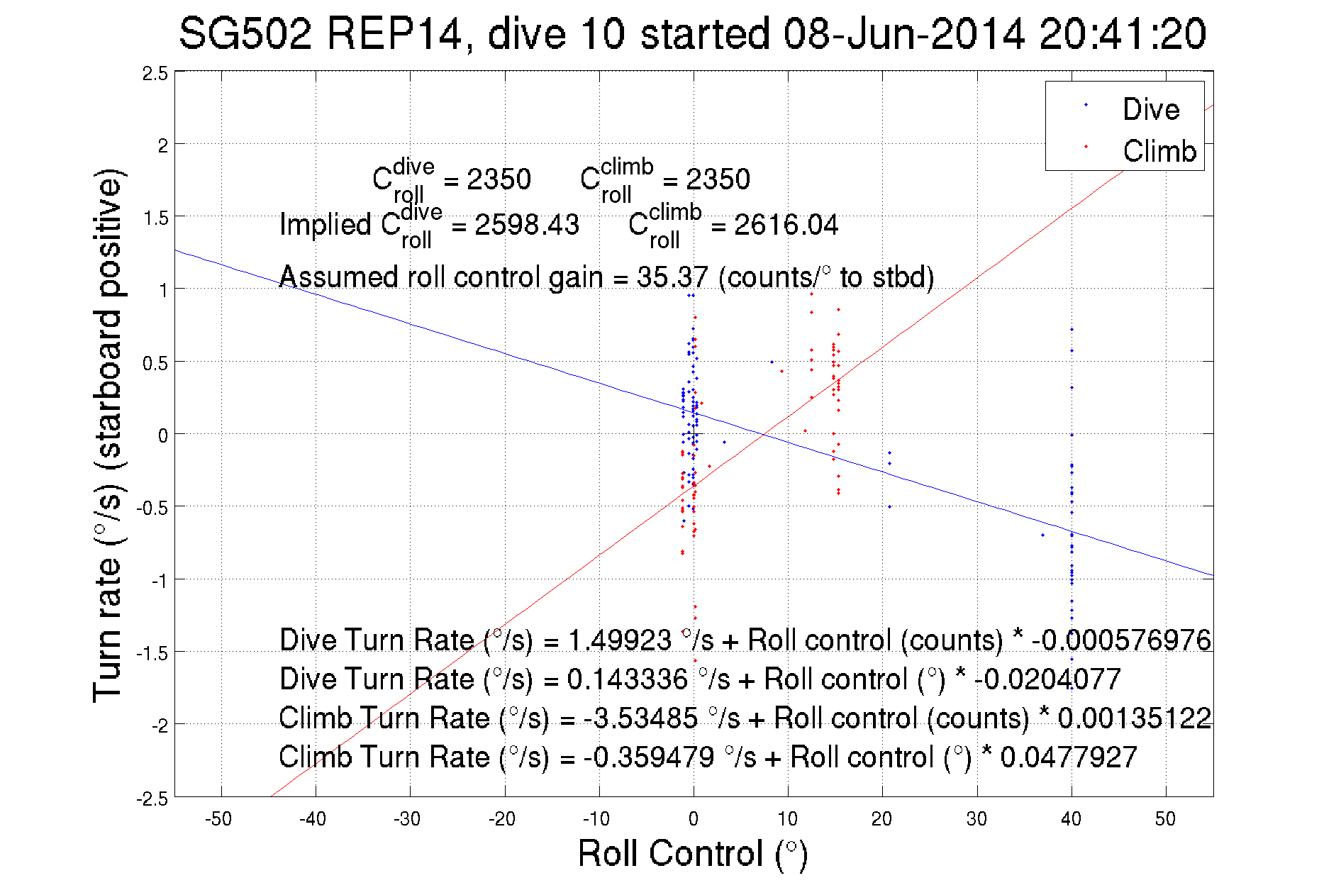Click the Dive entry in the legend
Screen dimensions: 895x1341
click(1150, 109)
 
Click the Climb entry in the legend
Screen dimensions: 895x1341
click(1159, 151)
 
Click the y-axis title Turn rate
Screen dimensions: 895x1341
click(107, 435)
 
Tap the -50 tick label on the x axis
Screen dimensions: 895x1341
click(218, 819)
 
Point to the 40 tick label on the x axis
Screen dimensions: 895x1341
click(1071, 819)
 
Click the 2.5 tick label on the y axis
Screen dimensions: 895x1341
click(155, 74)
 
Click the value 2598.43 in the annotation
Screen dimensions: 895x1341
click(527, 225)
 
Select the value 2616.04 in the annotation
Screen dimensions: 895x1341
click(786, 225)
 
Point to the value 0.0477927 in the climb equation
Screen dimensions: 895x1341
click(1069, 757)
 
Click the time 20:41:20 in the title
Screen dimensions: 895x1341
click(1123, 33)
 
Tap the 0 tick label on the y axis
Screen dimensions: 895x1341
click(163, 435)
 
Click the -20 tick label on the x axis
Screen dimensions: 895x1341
click(502, 819)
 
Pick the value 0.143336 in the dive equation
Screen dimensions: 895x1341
click(627, 679)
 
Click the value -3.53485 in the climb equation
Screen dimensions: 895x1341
click(640, 718)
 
